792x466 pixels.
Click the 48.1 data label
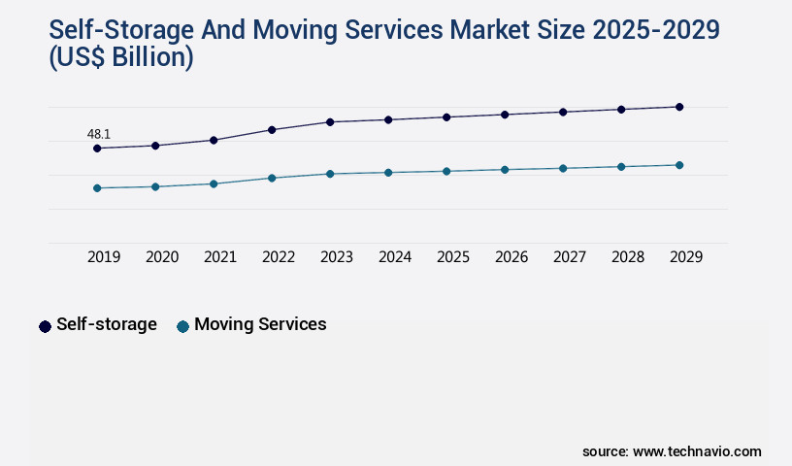tap(98, 134)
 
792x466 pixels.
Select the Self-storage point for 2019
tap(97, 149)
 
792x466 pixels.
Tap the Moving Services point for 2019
tap(97, 187)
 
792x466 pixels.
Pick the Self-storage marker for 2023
tap(330, 122)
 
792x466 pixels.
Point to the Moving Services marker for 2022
tap(272, 178)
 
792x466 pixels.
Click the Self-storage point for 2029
tap(679, 107)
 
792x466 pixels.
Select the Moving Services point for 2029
tap(679, 165)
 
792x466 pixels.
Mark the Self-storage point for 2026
tap(505, 115)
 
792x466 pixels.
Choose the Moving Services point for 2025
tap(446, 171)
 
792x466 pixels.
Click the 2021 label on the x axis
tap(220, 257)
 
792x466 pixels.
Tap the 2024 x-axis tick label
tap(395, 257)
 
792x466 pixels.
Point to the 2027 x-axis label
tap(570, 257)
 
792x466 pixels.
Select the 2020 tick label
tap(162, 257)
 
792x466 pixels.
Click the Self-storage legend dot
tap(45, 326)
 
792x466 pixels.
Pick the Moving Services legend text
tap(260, 324)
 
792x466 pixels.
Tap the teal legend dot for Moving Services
tap(182, 326)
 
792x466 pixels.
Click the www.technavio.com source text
tap(697, 451)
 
